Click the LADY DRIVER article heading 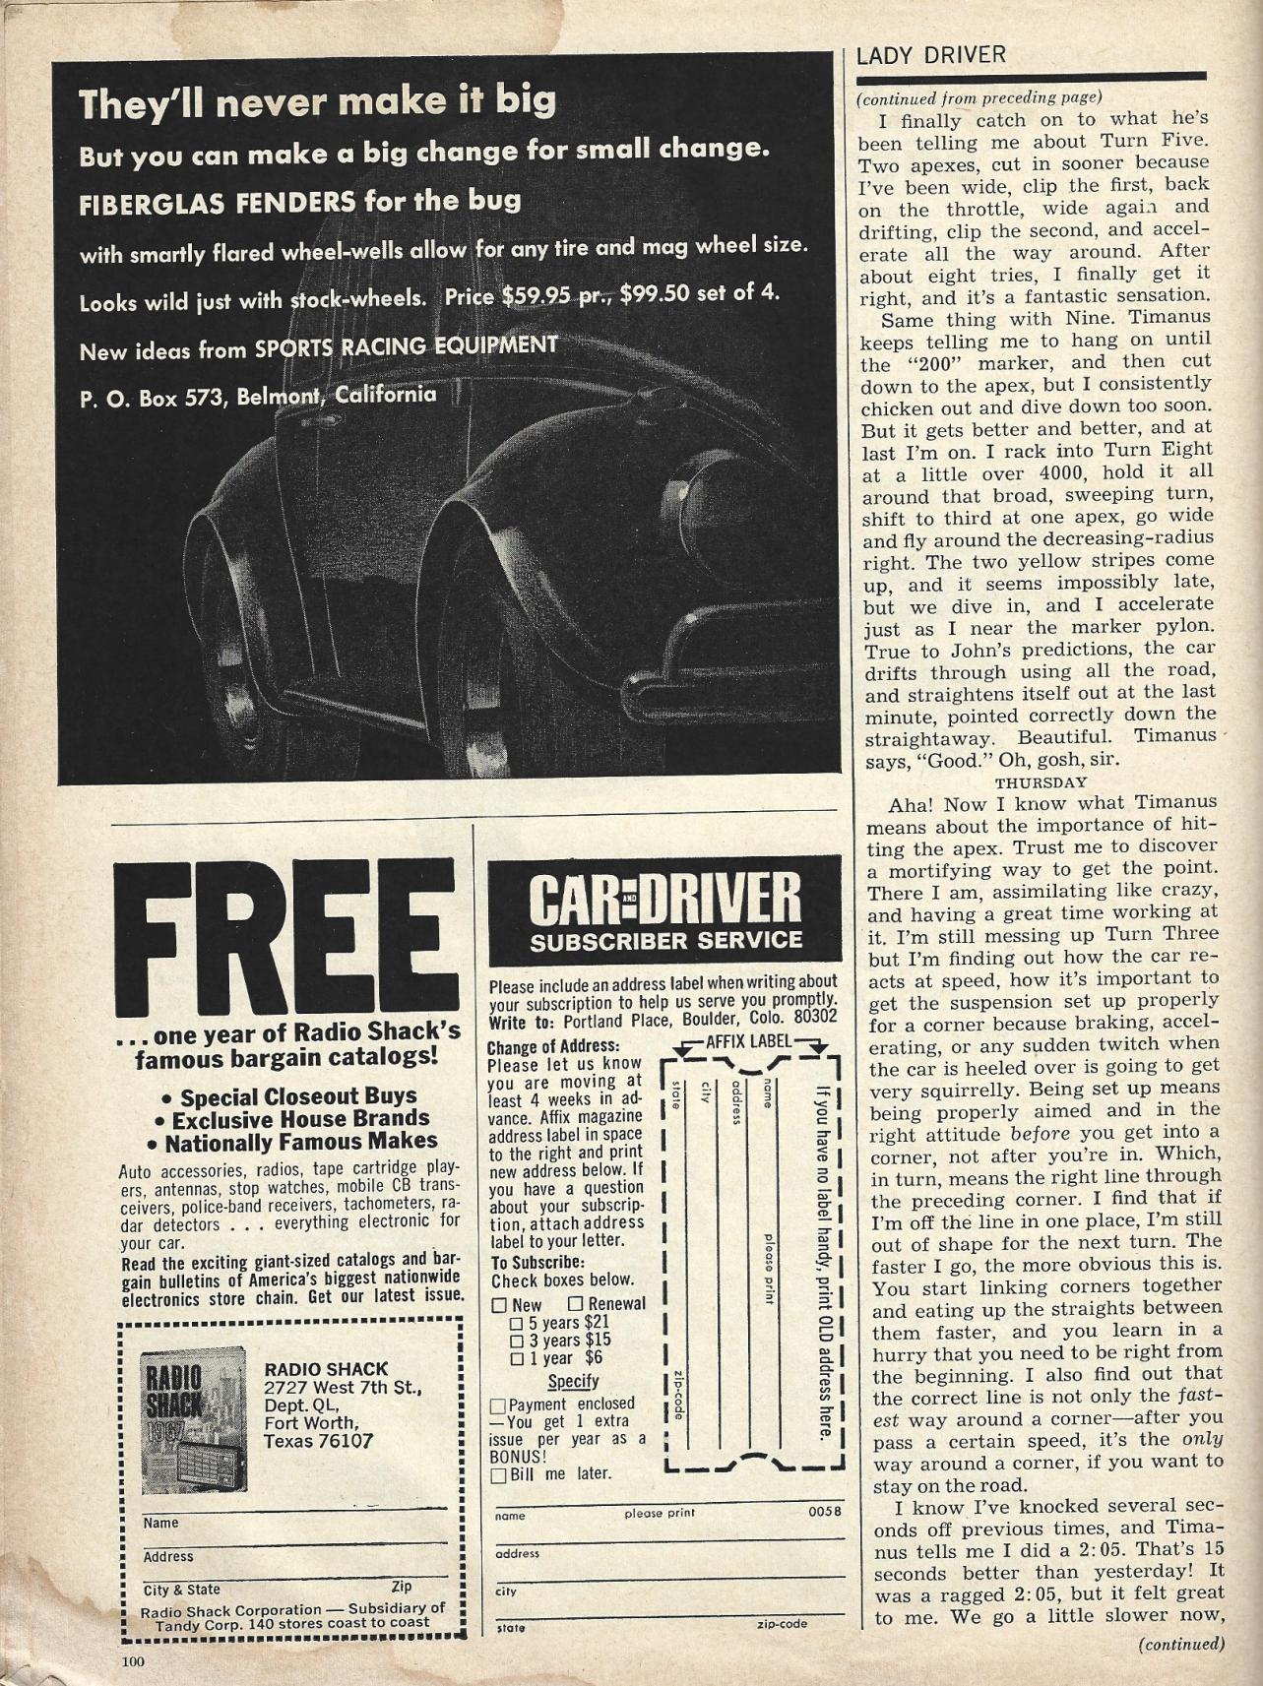tap(931, 55)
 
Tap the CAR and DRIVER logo tap(665, 900)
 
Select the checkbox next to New tap(498, 1304)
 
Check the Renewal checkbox tap(576, 1304)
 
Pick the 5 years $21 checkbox tap(515, 1323)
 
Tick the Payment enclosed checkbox tap(497, 1405)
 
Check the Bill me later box tap(497, 1474)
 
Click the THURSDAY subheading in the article tap(1041, 782)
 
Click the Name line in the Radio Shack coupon tap(295, 1522)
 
